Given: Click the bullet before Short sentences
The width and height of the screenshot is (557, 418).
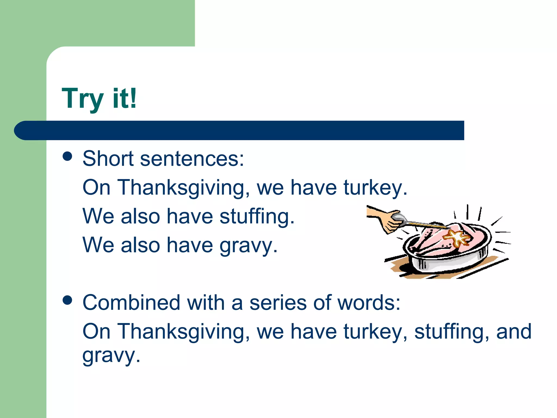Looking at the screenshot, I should tap(67, 156).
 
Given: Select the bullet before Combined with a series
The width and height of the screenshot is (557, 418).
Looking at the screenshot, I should tap(67, 300).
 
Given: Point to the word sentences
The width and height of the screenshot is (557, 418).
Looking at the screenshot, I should tap(192, 159).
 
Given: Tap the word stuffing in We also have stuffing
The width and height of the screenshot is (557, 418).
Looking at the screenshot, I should tap(257, 217).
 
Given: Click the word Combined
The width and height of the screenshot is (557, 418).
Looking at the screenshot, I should tap(131, 303).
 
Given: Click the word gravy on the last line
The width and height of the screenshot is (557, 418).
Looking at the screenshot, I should tap(111, 355).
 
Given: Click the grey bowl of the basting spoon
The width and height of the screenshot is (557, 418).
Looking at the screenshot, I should tap(399, 217).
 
